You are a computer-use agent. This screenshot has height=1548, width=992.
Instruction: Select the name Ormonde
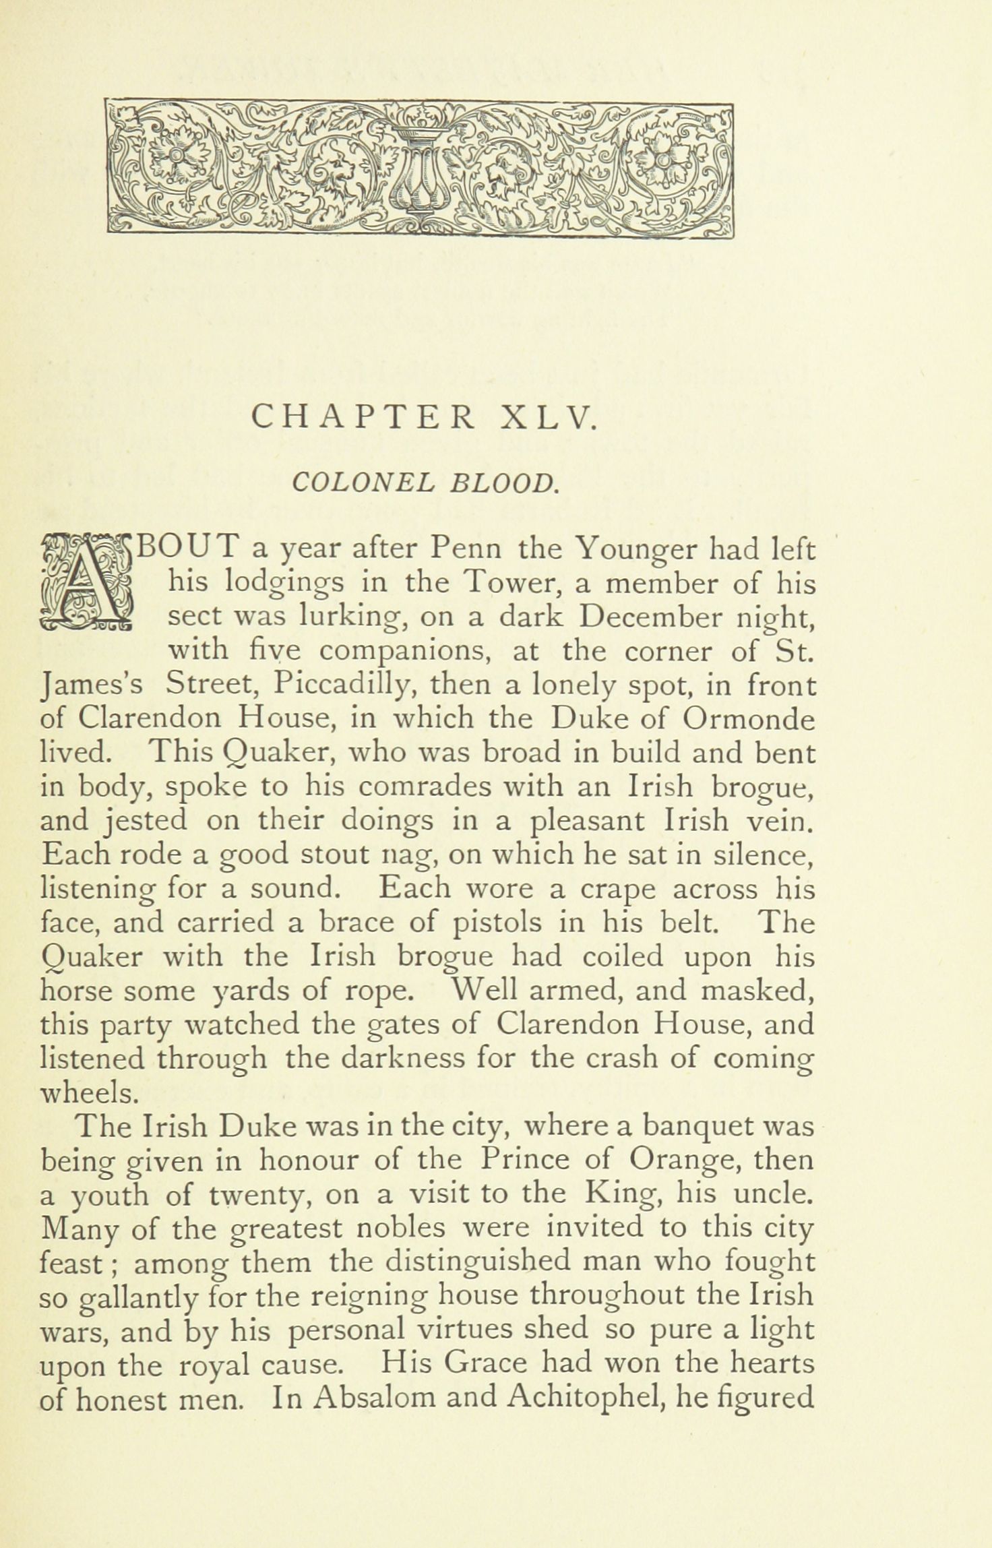pyautogui.click(x=748, y=719)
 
